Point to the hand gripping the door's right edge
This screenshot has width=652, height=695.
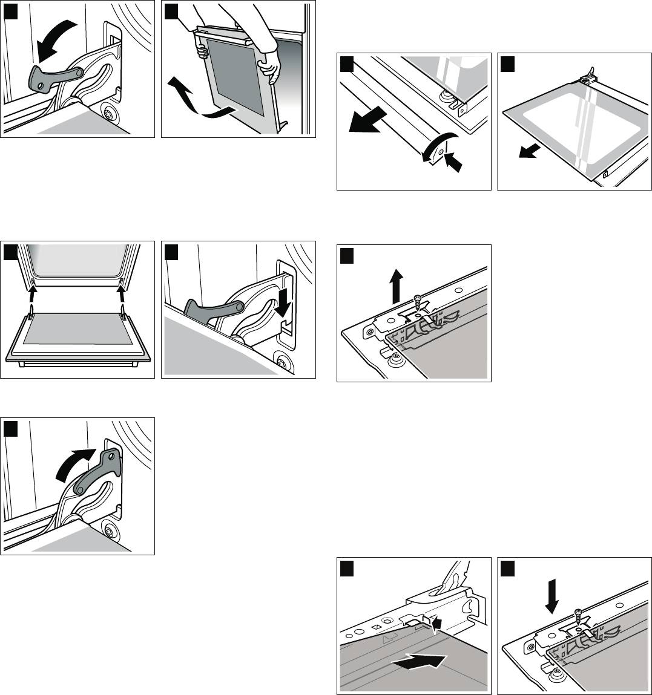272,64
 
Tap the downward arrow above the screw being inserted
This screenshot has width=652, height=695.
552,593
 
